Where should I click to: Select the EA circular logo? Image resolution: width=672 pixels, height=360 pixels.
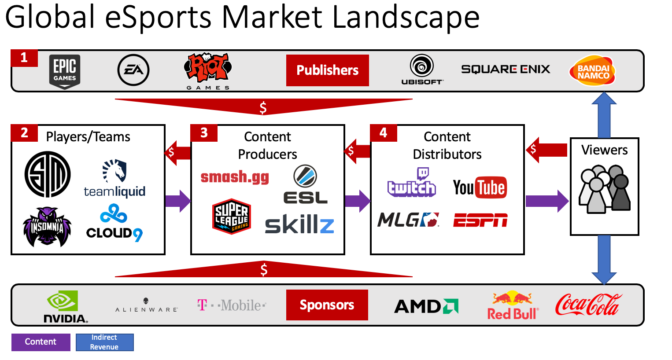pos(133,70)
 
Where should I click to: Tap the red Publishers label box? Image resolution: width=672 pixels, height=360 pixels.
pos(327,70)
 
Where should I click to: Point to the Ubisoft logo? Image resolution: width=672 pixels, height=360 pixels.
pos(422,70)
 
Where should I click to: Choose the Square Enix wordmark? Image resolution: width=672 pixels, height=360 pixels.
pos(506,69)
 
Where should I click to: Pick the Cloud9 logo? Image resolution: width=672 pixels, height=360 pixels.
pos(114,223)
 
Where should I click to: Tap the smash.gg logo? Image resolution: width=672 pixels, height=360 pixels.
pos(235,177)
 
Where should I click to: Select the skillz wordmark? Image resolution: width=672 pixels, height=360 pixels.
pos(299,225)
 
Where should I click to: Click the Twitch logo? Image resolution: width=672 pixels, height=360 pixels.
pos(412,183)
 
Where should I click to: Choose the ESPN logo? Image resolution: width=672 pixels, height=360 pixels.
pos(480,220)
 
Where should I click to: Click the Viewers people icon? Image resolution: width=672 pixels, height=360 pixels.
pos(604,189)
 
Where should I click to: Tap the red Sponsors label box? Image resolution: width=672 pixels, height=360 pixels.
pos(327,305)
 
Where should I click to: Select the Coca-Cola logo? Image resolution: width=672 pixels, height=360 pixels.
pos(588,305)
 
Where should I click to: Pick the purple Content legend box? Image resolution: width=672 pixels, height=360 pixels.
pos(41,342)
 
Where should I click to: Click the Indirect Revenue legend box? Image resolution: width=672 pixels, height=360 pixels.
pos(104,342)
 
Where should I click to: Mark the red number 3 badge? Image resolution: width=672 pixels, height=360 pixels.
pos(204,133)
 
